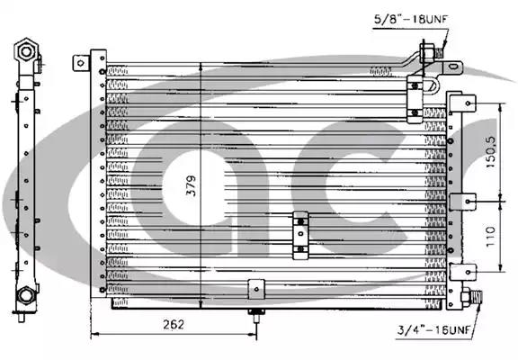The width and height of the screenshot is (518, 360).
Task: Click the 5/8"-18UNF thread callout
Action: click(410, 19)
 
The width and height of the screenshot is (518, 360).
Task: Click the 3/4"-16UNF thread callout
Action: click(433, 329)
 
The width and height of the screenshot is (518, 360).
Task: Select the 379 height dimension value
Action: click(191, 185)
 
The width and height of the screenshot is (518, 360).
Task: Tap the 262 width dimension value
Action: click(174, 324)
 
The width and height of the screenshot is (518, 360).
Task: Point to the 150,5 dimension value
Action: click(491, 152)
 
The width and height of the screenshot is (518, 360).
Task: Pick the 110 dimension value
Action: click(491, 236)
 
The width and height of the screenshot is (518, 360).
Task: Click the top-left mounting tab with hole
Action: click(81, 63)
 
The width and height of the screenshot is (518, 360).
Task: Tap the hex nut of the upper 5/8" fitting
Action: click(426, 52)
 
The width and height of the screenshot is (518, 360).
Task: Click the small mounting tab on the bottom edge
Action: click(256, 289)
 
